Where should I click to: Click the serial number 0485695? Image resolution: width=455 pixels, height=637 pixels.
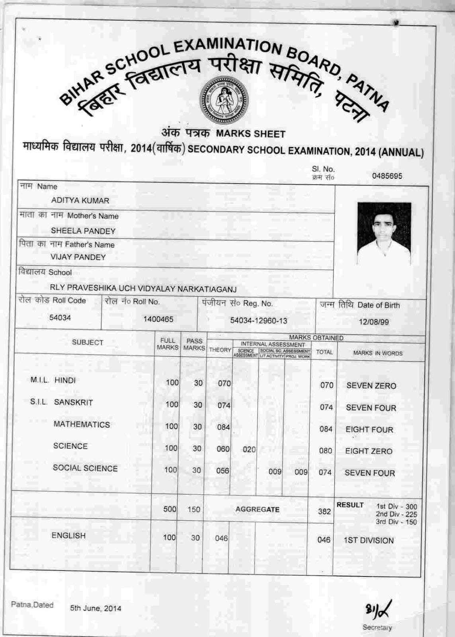pos(387,176)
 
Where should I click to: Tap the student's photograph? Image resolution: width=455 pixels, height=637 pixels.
pos(384,234)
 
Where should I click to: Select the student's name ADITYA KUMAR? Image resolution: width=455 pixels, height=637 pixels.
pos(80,201)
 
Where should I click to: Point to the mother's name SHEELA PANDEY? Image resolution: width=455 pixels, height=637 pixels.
pos(83,231)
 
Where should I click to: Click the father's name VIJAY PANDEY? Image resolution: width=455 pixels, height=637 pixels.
pos(78,257)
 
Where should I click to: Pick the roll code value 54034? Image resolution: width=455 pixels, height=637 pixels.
pos(60,318)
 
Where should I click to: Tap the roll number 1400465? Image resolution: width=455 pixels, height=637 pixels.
pos(158,319)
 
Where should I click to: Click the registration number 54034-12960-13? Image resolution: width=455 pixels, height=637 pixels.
pos(258,320)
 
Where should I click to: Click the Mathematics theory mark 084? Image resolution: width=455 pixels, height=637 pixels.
pos(223,427)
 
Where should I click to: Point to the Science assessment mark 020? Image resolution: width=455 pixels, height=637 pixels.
pos(249,449)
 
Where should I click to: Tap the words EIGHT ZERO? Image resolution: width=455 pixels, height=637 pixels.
pos(369,451)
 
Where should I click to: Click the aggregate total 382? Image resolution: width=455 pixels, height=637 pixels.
pos(324,511)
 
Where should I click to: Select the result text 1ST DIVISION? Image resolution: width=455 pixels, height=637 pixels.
pos(369,541)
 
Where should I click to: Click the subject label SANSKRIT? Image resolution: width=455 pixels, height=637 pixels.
pos(73,403)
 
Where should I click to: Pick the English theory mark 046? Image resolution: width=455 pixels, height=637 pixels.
pos(221,538)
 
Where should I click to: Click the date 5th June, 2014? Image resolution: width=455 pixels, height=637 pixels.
pos(96,608)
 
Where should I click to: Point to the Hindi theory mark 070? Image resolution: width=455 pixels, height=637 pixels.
pos(224,383)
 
